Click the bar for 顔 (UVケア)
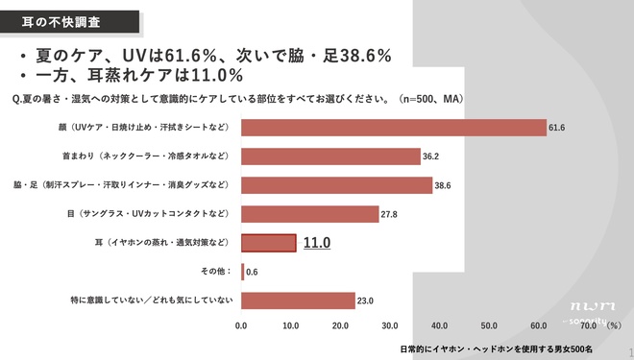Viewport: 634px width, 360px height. point(393,127)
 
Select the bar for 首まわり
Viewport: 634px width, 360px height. point(330,156)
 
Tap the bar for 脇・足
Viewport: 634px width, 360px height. point(336,185)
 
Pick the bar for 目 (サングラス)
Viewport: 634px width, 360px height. point(309,214)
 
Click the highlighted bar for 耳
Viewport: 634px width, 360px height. point(268,243)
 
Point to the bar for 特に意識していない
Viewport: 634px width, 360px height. point(298,300)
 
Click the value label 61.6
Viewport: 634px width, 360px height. point(556,127)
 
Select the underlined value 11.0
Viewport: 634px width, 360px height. point(317,244)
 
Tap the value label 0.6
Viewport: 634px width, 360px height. point(252,272)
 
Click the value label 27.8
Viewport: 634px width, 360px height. point(389,214)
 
